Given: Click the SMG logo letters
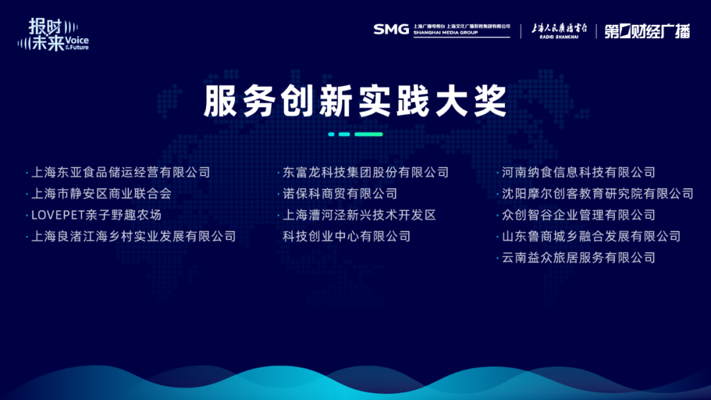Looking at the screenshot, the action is pos(391,30).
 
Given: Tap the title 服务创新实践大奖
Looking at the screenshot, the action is pos(355,101).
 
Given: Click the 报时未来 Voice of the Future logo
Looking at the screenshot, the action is pos(53,34).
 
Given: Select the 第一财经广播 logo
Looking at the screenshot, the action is pos(647,31).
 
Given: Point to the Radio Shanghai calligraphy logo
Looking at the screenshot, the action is pos(559,31).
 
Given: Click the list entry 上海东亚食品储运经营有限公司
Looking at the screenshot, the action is pos(120,172).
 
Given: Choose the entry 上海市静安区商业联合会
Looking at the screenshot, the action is pos(101,193).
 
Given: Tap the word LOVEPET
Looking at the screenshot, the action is pos(58,214).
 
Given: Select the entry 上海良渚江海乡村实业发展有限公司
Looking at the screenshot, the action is pos(133,236).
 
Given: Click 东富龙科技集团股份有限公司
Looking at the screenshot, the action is pos(365,172).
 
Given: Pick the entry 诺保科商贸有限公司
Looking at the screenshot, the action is pos(340,193).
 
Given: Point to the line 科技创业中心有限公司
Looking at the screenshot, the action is pos(346,236).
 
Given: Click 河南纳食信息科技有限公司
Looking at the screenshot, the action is pos(579,172).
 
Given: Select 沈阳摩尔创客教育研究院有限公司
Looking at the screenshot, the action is pos(598,193).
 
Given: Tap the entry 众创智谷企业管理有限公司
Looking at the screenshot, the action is pos(579,214).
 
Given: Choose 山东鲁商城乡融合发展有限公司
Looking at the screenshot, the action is pos(591,236).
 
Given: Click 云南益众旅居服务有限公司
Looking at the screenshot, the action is pos(579,257).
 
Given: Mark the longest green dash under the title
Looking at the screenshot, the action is pos(369,134).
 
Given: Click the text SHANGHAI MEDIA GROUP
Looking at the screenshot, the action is pos(445,33).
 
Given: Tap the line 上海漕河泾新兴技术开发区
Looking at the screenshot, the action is pos(359,214).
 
